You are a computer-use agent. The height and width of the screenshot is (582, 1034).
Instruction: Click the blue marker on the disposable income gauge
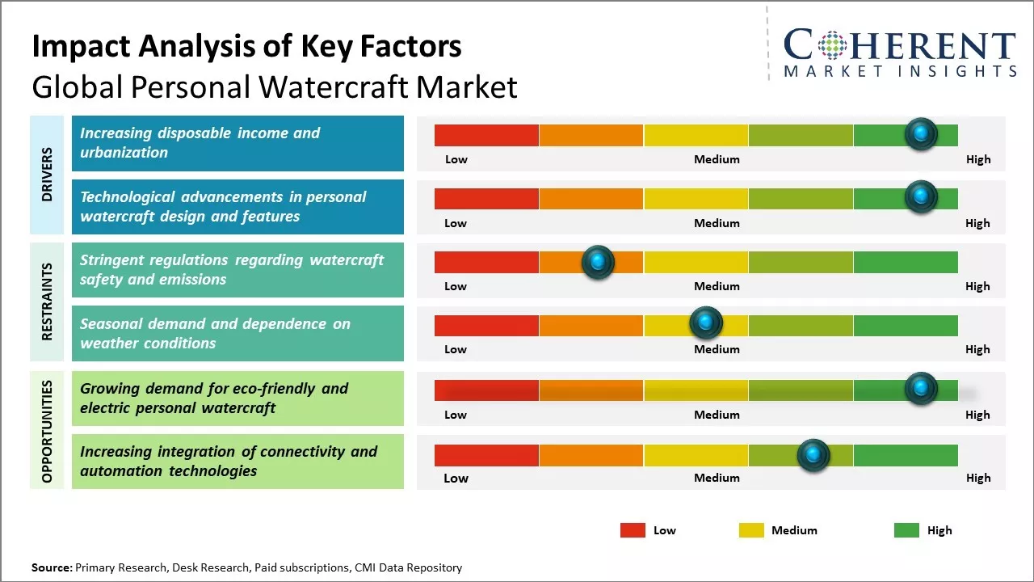[921, 133]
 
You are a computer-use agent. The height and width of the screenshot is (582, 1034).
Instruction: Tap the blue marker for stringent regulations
[598, 261]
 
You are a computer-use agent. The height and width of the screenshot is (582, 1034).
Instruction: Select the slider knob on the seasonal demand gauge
[706, 323]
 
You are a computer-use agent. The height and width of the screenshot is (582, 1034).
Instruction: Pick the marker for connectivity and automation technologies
[813, 455]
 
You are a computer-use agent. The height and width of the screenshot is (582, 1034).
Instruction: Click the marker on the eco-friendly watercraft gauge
[921, 389]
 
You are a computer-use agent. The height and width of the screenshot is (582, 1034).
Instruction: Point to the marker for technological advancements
[921, 196]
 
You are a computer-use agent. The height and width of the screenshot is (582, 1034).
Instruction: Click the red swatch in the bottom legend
[633, 530]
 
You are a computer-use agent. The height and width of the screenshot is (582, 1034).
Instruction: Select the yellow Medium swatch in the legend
[751, 530]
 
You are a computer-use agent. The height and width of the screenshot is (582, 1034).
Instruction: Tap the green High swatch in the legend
[906, 530]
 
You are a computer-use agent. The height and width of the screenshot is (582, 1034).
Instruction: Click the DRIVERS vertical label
[47, 174]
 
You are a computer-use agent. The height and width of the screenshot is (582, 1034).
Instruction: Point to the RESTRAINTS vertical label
[47, 302]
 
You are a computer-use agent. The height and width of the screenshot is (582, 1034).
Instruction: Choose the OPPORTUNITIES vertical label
[47, 431]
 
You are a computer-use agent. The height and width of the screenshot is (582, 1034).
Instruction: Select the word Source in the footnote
[51, 567]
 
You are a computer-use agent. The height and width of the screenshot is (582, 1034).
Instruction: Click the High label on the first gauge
[977, 159]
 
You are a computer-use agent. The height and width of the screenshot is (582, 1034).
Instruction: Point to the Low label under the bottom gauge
[456, 478]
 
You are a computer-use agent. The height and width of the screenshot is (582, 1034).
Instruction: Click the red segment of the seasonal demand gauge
[486, 326]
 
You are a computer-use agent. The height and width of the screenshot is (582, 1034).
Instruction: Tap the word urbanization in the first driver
[124, 153]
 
